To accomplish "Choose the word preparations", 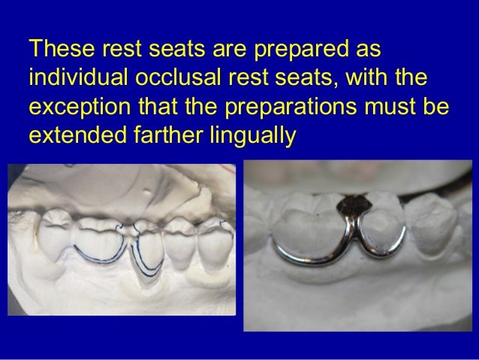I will pyautogui.click(x=285, y=106).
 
